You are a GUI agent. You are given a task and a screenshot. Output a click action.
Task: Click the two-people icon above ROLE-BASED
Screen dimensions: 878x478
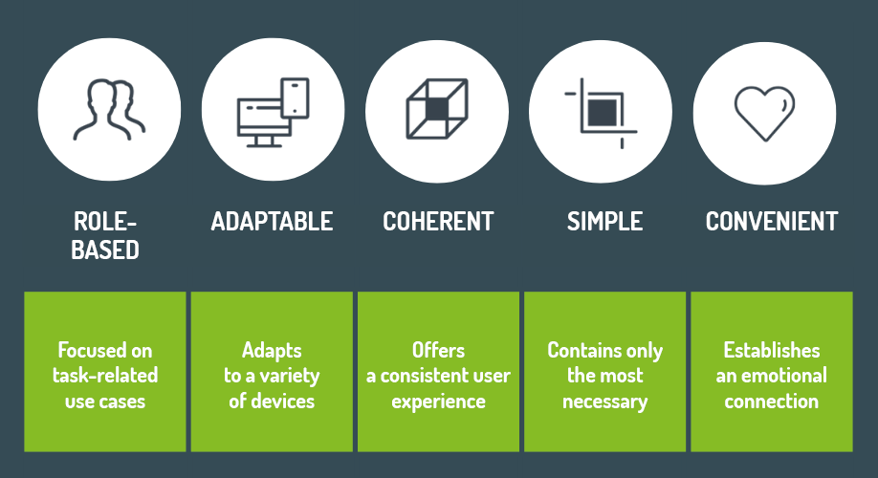109,110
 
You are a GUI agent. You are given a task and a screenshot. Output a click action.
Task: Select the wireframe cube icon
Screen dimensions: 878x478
437,109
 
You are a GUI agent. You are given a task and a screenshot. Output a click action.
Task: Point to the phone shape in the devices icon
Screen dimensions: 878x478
296,98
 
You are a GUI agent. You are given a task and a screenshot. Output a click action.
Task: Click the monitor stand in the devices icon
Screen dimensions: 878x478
264,141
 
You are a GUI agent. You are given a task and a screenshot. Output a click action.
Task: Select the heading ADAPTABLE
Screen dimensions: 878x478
272,222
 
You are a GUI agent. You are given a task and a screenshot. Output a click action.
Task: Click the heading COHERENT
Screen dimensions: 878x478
438,222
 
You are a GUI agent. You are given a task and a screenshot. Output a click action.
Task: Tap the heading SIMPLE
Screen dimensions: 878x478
604,222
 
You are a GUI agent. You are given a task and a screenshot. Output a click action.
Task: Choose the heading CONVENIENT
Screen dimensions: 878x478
772,222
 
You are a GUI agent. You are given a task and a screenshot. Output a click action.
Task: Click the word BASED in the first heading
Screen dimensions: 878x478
105,250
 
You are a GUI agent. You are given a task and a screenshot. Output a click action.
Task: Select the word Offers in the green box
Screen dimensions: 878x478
438,351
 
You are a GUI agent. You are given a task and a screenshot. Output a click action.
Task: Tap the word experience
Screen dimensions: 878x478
438,402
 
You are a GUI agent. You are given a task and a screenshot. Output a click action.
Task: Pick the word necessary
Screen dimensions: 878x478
604,402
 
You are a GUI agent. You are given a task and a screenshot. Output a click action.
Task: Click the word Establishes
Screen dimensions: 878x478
772,351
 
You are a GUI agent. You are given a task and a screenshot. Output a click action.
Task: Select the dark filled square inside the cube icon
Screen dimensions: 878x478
436,109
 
